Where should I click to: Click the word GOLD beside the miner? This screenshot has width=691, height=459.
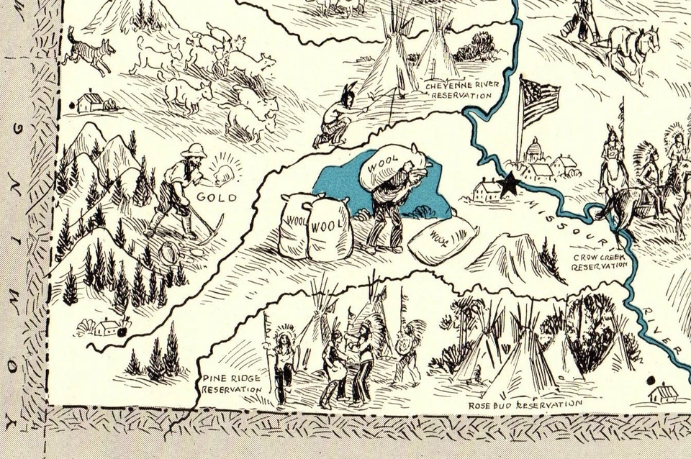[217, 196]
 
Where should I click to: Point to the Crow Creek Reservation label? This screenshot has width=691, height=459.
[600, 260]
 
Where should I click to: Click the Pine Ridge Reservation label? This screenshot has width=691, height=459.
[231, 383]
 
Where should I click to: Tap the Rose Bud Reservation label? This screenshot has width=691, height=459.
[525, 405]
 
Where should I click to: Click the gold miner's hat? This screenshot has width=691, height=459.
[192, 150]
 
